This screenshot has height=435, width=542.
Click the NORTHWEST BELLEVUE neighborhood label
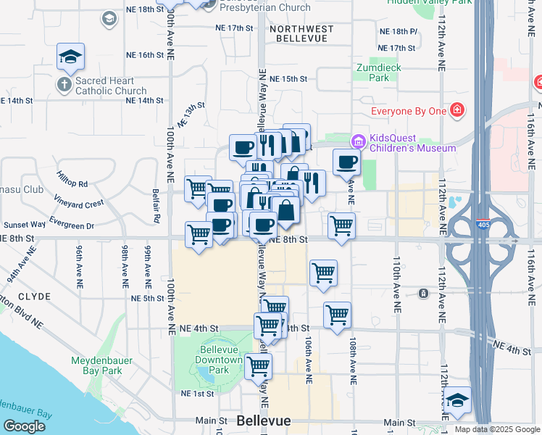pyautogui.click(x=301, y=35)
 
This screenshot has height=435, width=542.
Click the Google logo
pyautogui.click(x=24, y=426)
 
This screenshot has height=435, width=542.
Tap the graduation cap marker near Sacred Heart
pyautogui.click(x=70, y=57)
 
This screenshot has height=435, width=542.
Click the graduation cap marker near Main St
pyautogui.click(x=457, y=401)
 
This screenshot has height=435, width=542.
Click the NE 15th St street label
pyautogui.click(x=288, y=78)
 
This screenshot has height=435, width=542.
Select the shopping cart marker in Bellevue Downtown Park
pyautogui.click(x=257, y=367)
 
